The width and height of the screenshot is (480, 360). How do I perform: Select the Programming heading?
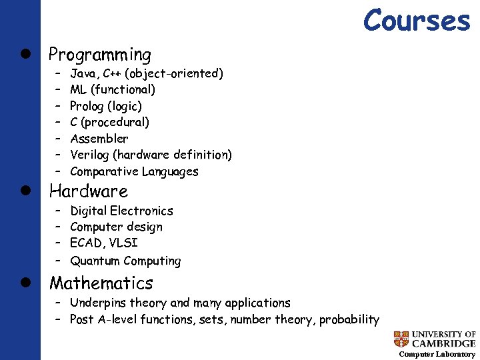click(100, 55)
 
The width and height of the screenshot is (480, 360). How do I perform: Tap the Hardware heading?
click(89, 191)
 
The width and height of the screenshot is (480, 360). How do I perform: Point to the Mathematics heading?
click(101, 283)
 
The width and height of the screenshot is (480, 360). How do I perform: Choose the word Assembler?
click(99, 139)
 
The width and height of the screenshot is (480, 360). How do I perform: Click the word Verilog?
click(89, 155)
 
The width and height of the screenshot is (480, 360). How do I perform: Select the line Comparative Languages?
click(134, 171)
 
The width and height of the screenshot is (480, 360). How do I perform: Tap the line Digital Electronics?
click(121, 211)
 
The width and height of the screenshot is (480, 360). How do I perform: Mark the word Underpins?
click(98, 303)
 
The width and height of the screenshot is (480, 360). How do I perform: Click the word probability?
click(349, 319)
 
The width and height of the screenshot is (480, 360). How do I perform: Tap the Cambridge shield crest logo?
click(401, 339)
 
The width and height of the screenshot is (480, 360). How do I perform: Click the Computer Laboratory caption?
click(437, 354)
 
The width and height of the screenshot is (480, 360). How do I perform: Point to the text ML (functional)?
click(113, 89)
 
